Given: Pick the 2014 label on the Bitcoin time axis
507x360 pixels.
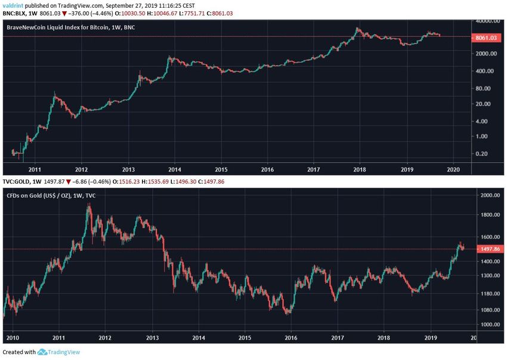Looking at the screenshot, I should (x=175, y=168).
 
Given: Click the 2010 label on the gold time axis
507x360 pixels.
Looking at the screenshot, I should (x=12, y=338).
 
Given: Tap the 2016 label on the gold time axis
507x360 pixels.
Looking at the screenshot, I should (x=290, y=338).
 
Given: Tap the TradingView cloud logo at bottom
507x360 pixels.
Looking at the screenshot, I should (x=42, y=352).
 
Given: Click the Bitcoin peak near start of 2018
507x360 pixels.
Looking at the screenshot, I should (x=357, y=28).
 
